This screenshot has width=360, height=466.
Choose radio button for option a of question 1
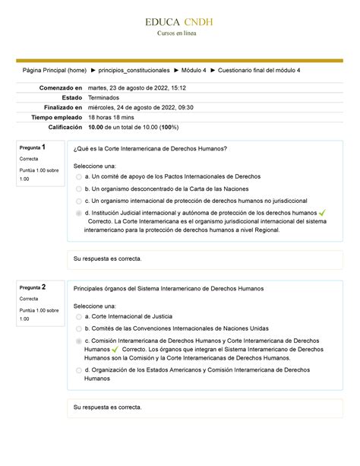78,177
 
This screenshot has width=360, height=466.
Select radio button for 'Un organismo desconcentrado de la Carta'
78,189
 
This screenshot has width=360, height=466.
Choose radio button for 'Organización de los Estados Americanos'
78,370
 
